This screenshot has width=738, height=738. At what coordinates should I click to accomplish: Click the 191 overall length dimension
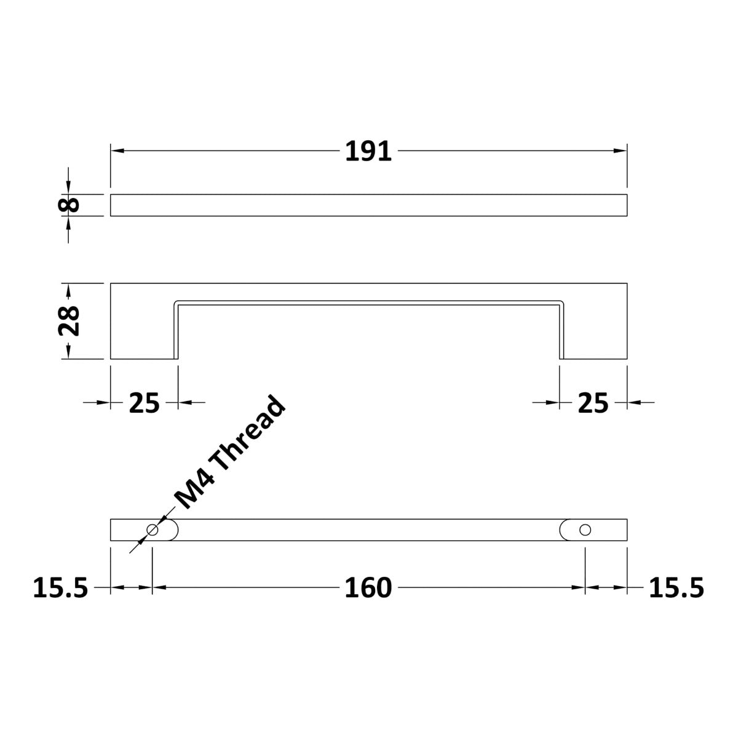pos(368,151)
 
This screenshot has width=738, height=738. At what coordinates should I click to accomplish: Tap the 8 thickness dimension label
pos(68,205)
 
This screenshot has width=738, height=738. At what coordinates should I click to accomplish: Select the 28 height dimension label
pos(68,320)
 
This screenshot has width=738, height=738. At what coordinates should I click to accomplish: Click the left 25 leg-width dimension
pos(144,403)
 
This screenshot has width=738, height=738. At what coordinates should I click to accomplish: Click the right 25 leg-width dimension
pos(593,403)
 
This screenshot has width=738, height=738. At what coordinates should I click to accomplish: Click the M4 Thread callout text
pos(230,453)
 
